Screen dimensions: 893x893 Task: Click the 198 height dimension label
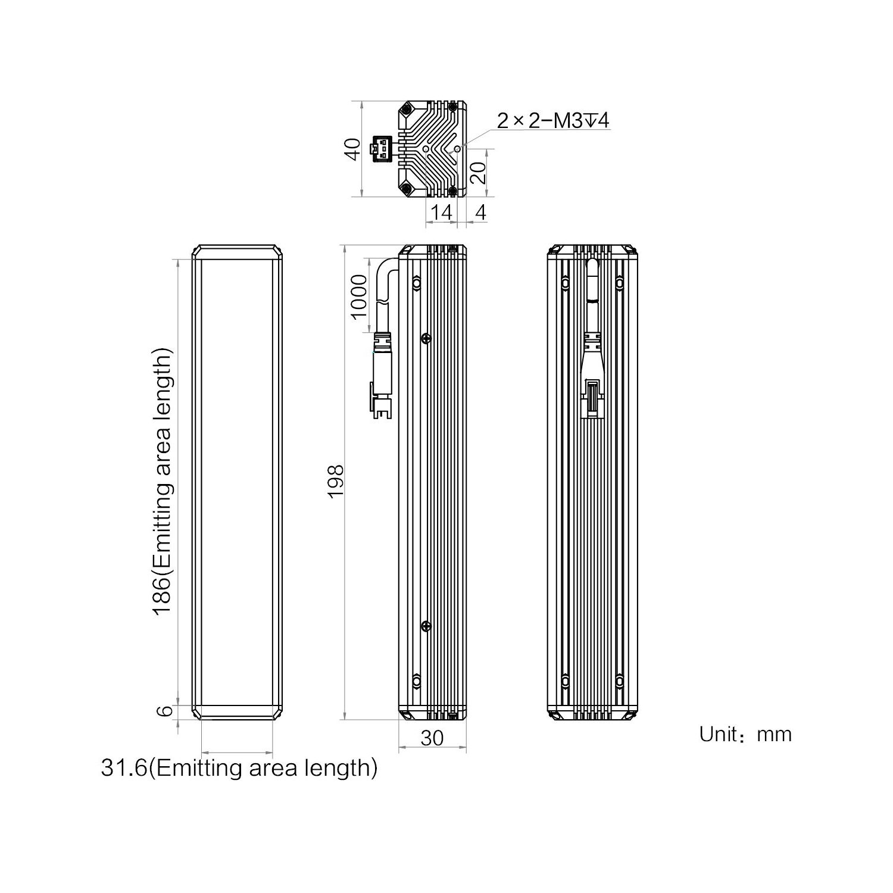pos(336,481)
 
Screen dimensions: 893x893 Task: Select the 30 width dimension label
pos(432,738)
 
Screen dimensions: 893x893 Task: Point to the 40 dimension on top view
pos(354,149)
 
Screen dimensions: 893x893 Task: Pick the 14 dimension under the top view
pos(441,212)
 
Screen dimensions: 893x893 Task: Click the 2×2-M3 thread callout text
pos(553,121)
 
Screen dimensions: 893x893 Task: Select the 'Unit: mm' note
pos(745,734)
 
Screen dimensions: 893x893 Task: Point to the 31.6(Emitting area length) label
pos(239,768)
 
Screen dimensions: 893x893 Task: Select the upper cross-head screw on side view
pos(426,338)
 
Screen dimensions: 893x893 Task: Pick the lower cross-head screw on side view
pos(426,625)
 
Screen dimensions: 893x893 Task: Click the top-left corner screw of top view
pos(407,110)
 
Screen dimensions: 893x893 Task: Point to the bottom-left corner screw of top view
pos(407,189)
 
